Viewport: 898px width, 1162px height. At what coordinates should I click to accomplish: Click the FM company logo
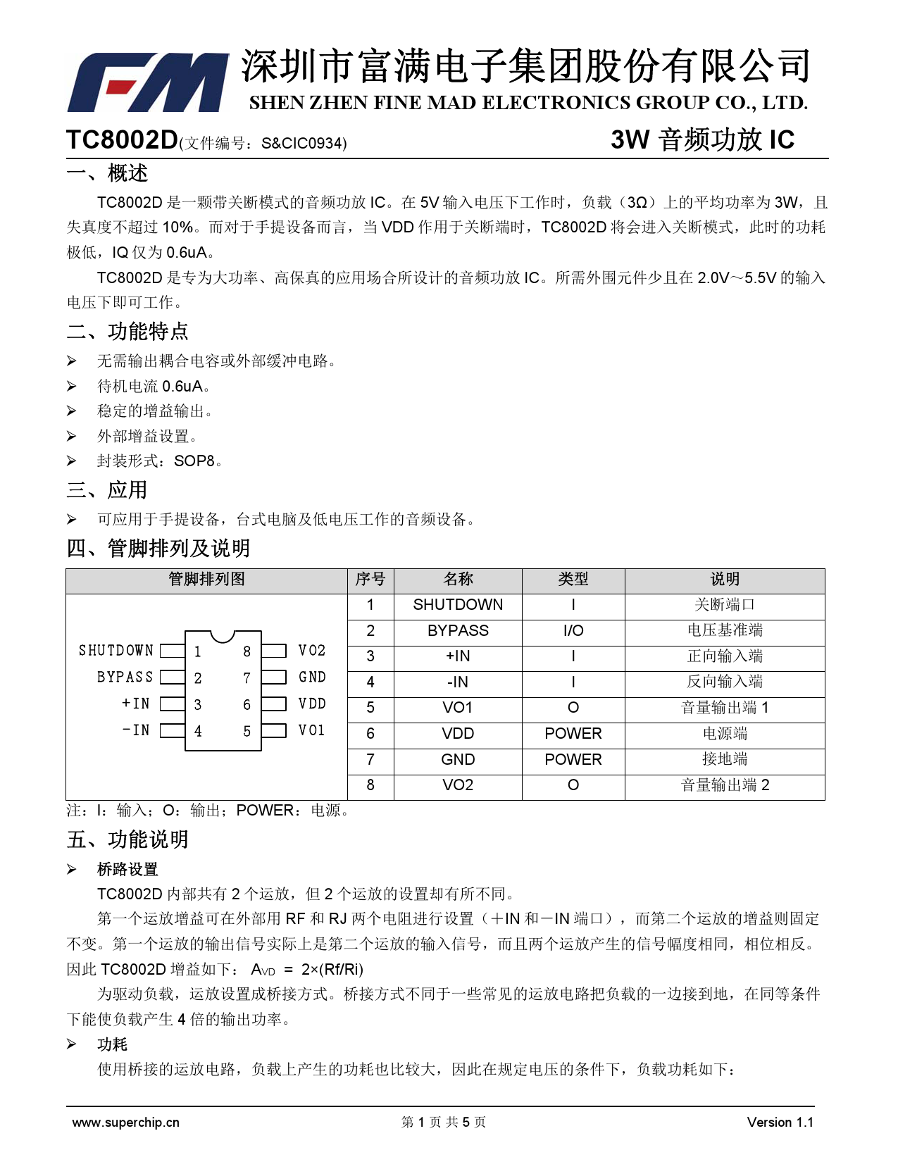[148, 82]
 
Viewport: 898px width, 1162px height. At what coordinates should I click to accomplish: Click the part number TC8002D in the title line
[122, 140]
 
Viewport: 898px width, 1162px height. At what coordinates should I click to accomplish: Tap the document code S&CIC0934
[303, 144]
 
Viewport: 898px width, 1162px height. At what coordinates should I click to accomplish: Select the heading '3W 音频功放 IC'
[702, 140]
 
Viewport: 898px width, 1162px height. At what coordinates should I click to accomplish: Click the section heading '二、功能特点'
[127, 332]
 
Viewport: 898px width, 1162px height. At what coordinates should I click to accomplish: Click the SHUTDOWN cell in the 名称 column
[458, 605]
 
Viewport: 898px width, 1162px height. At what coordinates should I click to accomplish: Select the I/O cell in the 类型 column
[573, 631]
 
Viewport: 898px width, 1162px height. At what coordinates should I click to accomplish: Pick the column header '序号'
[370, 580]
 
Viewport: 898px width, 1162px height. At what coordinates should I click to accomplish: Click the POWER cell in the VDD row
[573, 734]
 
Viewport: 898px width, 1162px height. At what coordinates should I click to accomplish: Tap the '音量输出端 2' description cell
[725, 785]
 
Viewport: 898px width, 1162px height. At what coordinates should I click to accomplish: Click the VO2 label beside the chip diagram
[312, 651]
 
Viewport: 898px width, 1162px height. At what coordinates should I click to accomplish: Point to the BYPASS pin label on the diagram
[125, 677]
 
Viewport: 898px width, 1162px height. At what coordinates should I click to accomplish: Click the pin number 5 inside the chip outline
[247, 732]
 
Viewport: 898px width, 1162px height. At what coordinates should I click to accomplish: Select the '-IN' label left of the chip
[136, 730]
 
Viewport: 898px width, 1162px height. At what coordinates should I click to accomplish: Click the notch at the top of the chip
[223, 635]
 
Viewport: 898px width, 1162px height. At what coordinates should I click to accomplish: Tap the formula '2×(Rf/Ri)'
[332, 970]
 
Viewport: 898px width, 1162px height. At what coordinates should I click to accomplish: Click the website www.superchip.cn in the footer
[125, 1123]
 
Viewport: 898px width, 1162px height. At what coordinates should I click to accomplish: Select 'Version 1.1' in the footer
[780, 1123]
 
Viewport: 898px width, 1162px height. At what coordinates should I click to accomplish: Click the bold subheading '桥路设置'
[127, 870]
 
